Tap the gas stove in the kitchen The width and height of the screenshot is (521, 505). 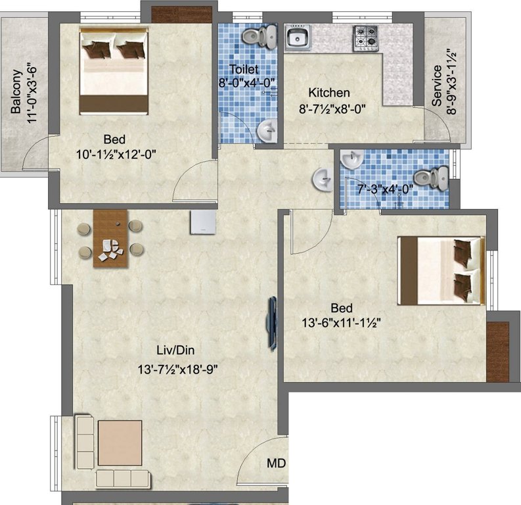pos(367,37)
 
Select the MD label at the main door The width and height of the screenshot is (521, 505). pos(277,464)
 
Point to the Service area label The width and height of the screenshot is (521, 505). pos(437,85)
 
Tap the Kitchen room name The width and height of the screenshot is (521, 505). pos(329,93)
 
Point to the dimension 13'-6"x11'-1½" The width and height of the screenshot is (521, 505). pos(338,322)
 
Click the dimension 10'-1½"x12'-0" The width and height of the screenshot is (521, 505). pos(116,155)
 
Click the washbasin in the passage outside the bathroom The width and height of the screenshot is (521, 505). pos(322,178)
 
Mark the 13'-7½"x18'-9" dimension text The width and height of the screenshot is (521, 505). pos(175,369)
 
